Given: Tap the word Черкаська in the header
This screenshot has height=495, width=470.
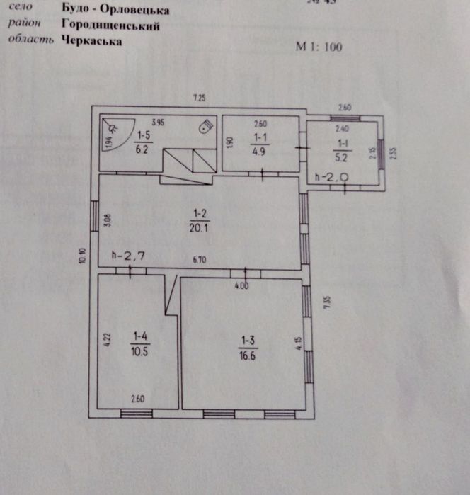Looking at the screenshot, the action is coord(92,41).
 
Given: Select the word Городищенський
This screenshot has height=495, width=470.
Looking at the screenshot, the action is coord(110,26).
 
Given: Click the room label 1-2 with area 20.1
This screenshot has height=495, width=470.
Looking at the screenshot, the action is coord(198,219).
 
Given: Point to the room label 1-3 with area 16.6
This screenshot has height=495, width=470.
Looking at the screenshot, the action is coord(248,347).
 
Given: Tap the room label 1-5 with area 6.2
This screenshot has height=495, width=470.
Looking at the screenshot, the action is coord(144,142).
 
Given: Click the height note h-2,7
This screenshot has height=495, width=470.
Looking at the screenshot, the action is coord(129,256).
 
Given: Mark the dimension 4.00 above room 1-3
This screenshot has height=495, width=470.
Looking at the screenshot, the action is coord(241,285).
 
